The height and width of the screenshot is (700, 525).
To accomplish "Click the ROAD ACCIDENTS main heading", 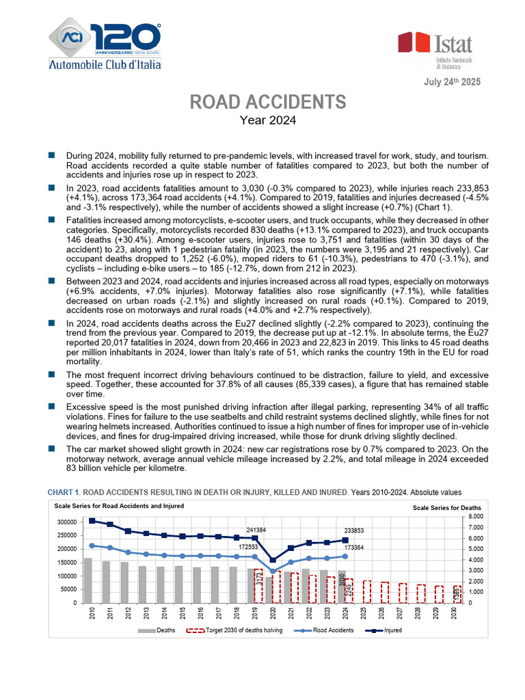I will click(267, 103).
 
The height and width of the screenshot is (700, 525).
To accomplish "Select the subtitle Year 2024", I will click(267, 121).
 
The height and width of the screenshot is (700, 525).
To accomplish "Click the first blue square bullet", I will click(51, 156).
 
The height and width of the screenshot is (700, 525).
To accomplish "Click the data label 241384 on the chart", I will click(256, 530).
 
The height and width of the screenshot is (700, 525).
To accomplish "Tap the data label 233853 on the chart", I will click(354, 530).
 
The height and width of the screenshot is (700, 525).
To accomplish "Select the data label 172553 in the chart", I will click(249, 547).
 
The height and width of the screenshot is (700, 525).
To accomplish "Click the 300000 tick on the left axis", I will click(67, 522).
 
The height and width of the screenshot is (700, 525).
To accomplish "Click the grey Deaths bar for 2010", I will click(87, 581).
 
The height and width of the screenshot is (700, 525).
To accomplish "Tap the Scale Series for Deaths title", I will click(447, 508).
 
